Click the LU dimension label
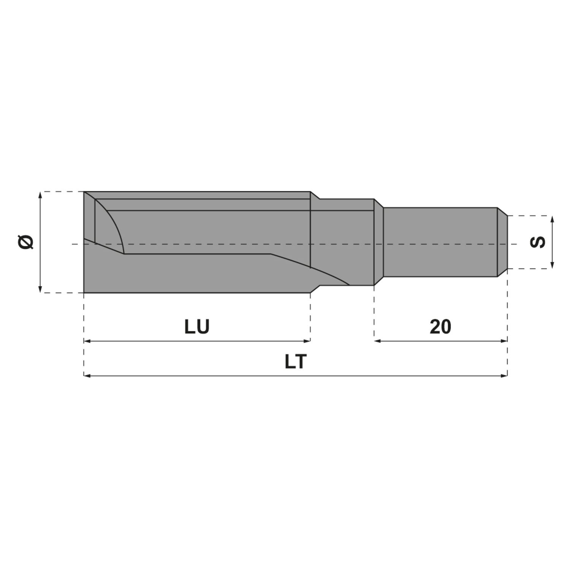pyautogui.click(x=197, y=326)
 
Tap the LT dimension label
pyautogui.click(x=295, y=362)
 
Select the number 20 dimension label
pyautogui.click(x=440, y=326)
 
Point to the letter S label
pyautogui.click(x=538, y=242)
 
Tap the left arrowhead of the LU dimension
pyautogui.click(x=86, y=341)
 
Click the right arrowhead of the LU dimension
pyautogui.click(x=307, y=341)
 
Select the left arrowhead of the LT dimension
pyautogui.click(x=86, y=376)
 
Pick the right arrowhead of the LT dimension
pyautogui.click(x=504, y=376)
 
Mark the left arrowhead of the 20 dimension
pyautogui.click(x=377, y=341)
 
